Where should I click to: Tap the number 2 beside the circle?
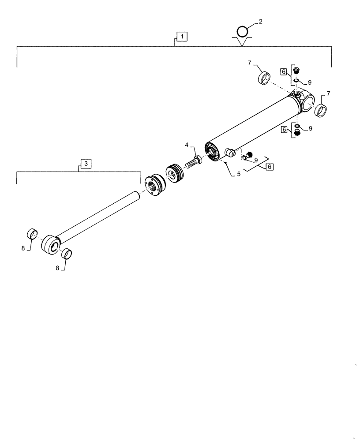tap(260, 22)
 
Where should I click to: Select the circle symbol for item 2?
tap(243, 32)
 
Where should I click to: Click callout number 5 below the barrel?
tap(238, 174)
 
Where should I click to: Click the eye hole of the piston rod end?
tap(52, 246)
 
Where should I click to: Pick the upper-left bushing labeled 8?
tap(32, 233)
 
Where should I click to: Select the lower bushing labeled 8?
tap(67, 254)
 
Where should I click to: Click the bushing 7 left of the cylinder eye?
tap(264, 78)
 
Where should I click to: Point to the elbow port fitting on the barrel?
tap(229, 153)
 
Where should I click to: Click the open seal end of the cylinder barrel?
tap(212, 152)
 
